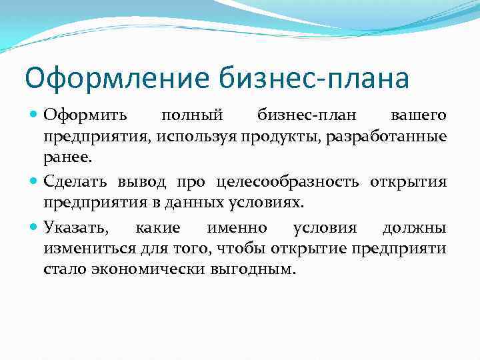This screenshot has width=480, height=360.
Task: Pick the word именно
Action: click(x=237, y=228)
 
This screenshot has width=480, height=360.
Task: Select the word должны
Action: click(x=414, y=228)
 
